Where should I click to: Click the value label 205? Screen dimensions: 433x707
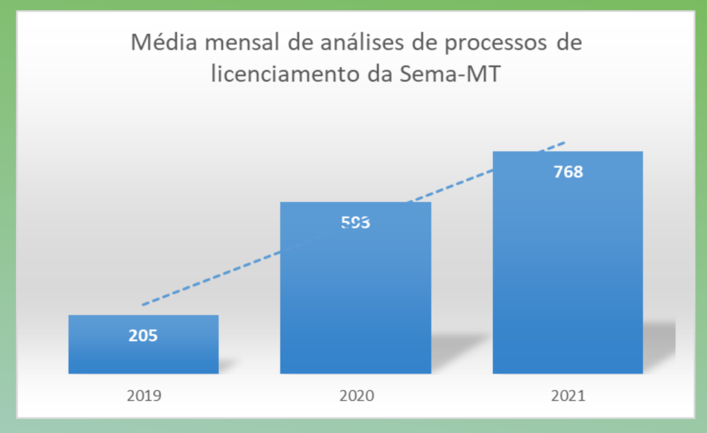[x=144, y=336]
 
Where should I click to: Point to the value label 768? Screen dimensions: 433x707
[x=568, y=172]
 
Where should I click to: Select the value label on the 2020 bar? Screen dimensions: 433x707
[x=356, y=223]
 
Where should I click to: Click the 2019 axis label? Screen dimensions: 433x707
[x=144, y=396]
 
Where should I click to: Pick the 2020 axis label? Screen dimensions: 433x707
[x=356, y=396]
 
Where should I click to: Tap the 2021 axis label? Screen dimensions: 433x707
[x=568, y=396]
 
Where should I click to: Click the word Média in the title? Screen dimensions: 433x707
[x=159, y=44]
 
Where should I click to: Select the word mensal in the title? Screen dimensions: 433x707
[x=238, y=44]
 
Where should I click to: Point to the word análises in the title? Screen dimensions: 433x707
[x=358, y=44]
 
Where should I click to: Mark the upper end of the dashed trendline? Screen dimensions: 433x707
[x=564, y=143]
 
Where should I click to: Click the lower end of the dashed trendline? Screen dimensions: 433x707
[x=143, y=304]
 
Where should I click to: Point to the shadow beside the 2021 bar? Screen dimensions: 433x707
[x=659, y=345]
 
